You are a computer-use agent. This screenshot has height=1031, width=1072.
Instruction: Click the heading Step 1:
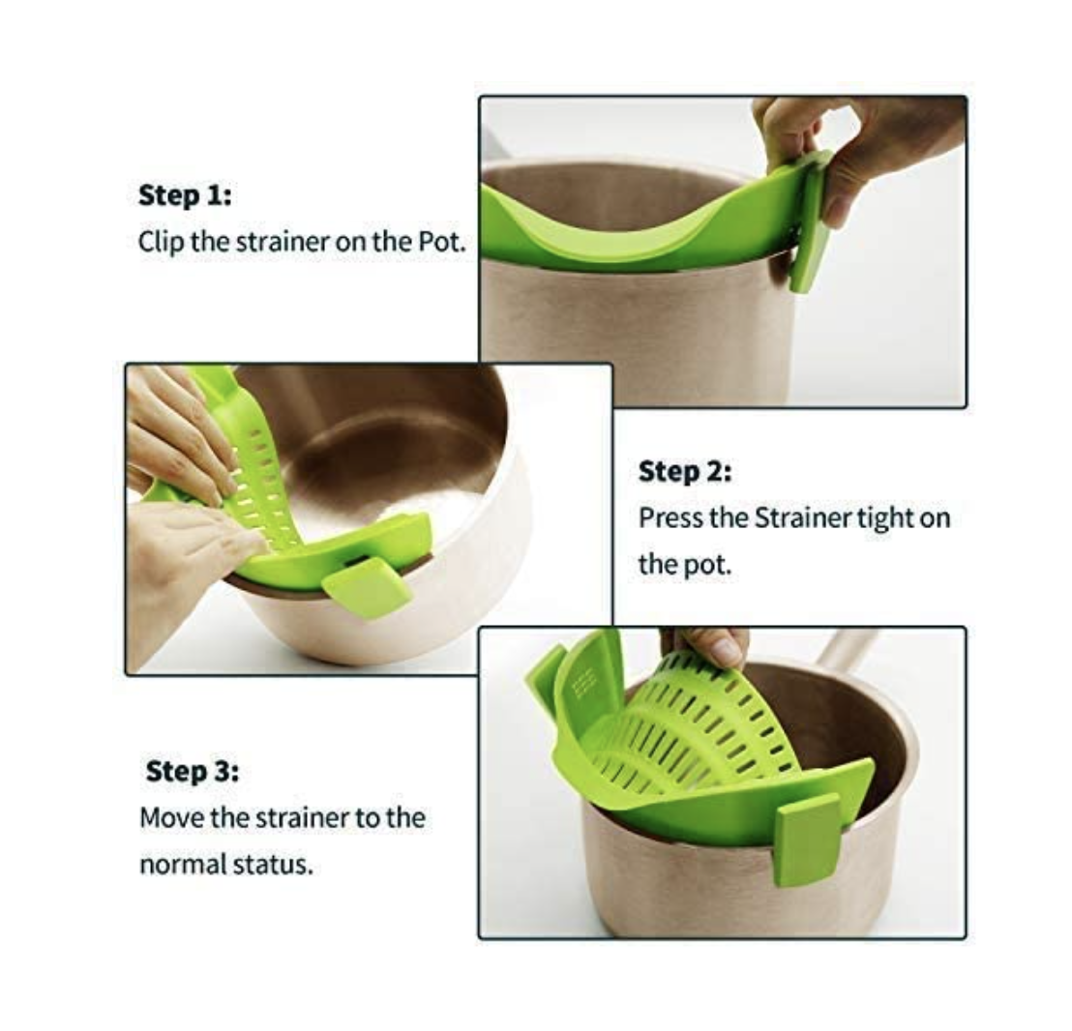pos(185,196)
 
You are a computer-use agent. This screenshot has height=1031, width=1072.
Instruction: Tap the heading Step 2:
pos(685,471)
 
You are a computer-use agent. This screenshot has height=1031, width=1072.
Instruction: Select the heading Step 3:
pos(193,772)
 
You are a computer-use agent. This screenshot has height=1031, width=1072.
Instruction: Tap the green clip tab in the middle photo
pos(367,587)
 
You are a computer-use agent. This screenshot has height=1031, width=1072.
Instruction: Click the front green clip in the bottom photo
pos(809,838)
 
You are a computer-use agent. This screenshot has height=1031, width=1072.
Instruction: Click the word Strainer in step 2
pos(803,517)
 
